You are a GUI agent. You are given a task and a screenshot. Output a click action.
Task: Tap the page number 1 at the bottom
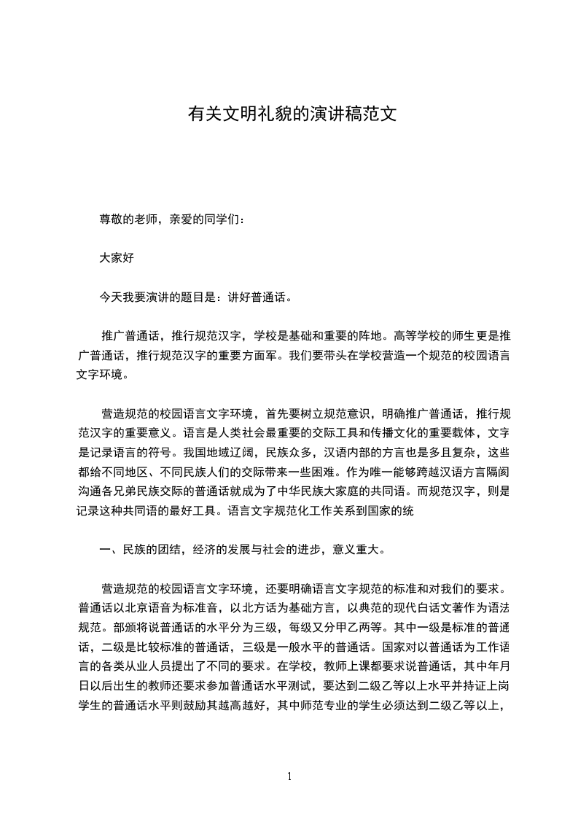pos(289,776)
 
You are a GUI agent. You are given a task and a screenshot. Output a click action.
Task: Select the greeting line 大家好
pos(117,257)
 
